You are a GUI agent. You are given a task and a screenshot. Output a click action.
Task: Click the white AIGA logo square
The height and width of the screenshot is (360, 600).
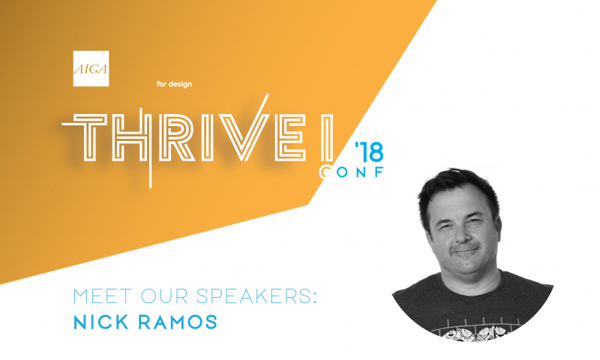tap(91, 68)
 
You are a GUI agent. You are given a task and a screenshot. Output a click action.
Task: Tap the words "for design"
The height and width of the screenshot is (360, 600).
tap(174, 84)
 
